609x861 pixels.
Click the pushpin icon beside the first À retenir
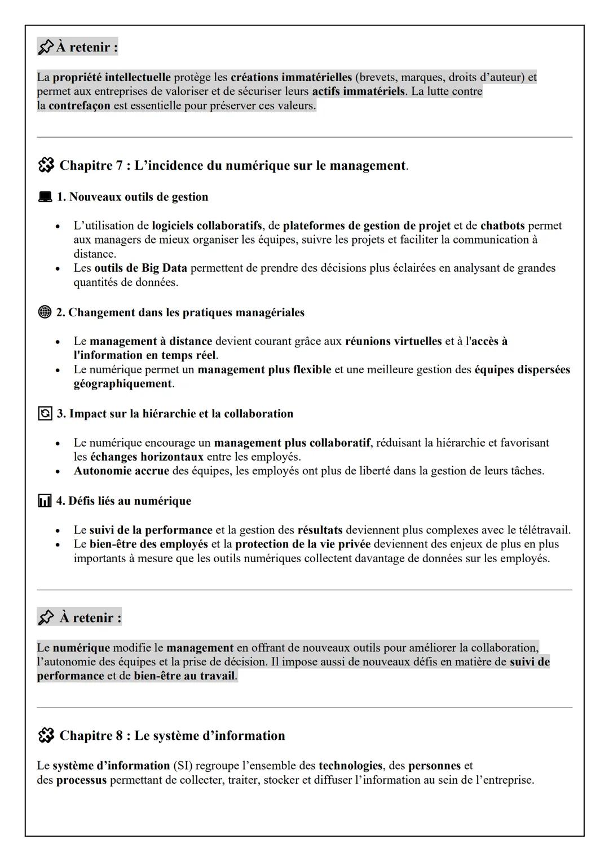coord(46,47)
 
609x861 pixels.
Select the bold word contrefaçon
coord(79,105)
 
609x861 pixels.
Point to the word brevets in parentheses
coord(377,77)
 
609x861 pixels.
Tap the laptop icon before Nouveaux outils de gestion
coord(45,197)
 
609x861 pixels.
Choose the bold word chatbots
coord(502,226)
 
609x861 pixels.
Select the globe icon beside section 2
coord(45,312)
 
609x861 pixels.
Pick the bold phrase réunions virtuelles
coord(393,341)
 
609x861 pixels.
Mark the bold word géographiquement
coord(122,384)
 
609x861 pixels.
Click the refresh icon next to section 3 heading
coord(45,414)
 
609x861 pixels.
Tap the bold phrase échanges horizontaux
coord(147,457)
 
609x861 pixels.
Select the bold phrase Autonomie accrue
coord(121,471)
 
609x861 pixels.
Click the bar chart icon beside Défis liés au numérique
coord(45,501)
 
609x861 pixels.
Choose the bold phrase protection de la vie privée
coord(303,544)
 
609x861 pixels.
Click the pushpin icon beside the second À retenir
coord(46,618)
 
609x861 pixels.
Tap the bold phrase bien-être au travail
coord(184,675)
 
